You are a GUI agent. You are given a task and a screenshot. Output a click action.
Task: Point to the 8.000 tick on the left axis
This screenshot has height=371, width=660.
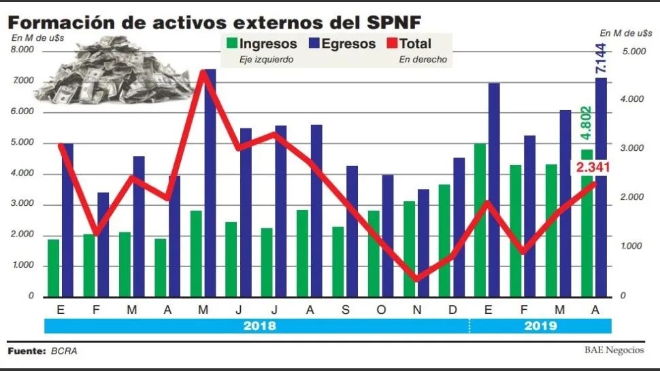tap(22, 50)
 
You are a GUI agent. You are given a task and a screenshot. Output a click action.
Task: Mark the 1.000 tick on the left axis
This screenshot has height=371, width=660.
tap(22, 266)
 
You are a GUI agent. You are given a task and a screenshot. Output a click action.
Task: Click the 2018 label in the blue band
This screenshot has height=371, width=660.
tap(259, 325)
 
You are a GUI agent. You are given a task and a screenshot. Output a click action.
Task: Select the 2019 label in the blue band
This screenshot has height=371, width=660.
tap(541, 325)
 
